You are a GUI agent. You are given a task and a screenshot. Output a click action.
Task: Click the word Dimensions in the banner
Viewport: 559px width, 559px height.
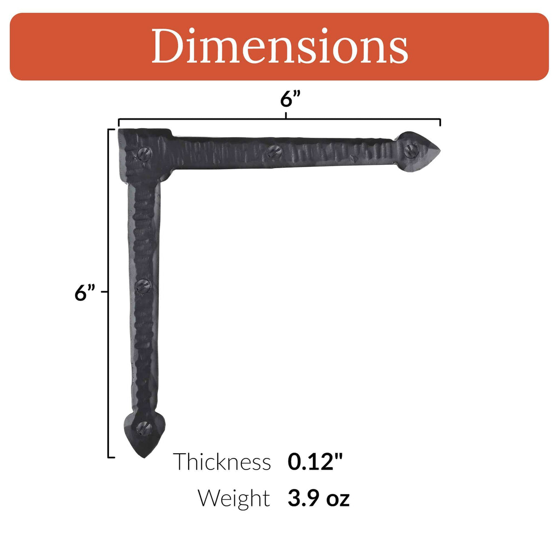click(x=279, y=47)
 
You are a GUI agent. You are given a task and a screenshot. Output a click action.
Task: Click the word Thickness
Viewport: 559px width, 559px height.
click(x=222, y=462)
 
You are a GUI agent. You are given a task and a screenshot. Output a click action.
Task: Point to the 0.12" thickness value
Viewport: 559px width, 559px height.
click(x=315, y=462)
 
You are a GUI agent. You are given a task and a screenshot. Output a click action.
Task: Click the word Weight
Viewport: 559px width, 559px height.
click(x=233, y=498)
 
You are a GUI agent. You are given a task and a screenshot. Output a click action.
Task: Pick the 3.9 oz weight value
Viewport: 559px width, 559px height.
click(x=318, y=498)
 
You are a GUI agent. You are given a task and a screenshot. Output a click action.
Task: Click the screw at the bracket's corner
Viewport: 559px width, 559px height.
click(x=145, y=153)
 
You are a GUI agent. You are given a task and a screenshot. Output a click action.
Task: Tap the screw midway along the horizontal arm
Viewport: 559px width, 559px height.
click(x=273, y=150)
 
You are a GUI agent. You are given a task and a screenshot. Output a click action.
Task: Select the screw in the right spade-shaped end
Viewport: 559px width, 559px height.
click(x=410, y=150)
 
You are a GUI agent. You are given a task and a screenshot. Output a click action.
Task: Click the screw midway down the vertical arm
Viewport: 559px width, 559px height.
click(x=143, y=286)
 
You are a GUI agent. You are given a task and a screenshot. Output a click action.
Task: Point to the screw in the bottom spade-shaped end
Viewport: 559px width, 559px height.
click(x=143, y=426)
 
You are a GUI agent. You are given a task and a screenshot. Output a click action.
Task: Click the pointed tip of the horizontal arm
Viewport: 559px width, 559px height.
click(x=439, y=150)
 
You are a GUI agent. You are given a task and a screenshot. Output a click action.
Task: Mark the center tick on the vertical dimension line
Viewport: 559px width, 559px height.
click(x=105, y=292)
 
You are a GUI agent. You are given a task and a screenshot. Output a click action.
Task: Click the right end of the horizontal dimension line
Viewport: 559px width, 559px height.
click(x=440, y=122)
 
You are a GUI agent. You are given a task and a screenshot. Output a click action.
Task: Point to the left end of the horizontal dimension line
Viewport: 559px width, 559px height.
click(x=119, y=122)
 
